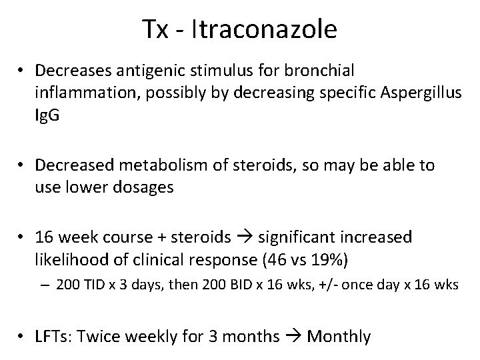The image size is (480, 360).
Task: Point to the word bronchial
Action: [339, 70]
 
